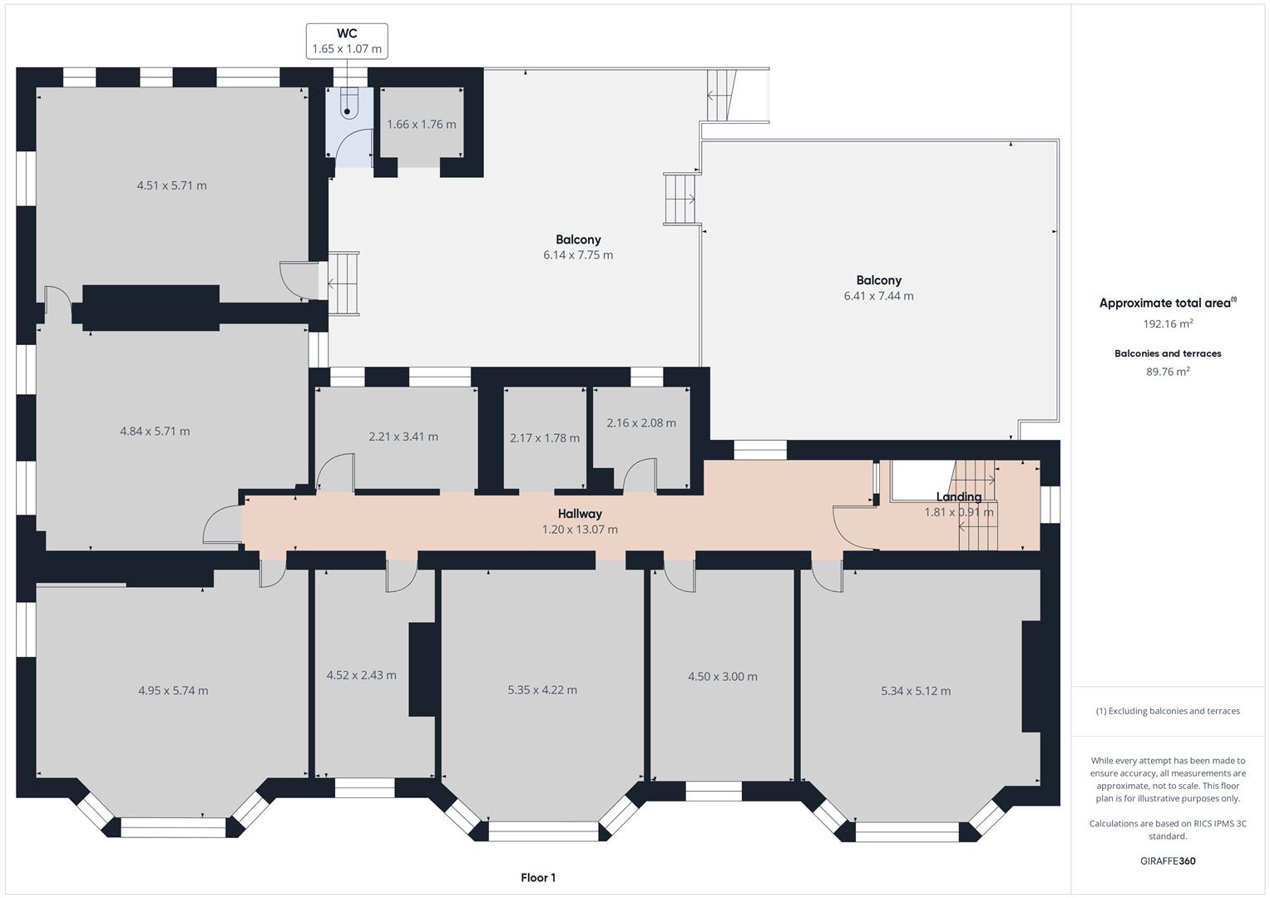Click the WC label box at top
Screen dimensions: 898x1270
coord(347,41)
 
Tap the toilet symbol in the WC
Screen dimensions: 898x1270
coord(348,104)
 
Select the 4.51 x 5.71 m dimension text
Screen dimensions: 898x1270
coord(171,185)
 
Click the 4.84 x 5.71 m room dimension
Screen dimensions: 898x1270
coord(155,431)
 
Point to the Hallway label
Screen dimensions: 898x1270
coord(580,514)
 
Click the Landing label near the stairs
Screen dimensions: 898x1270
coord(959,497)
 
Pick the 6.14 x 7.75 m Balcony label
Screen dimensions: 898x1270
coord(578,247)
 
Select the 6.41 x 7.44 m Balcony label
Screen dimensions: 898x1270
coord(878,288)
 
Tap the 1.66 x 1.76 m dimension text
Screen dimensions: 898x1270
coord(422,125)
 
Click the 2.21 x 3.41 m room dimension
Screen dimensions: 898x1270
coord(403,437)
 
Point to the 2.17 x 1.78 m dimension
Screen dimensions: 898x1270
coord(545,437)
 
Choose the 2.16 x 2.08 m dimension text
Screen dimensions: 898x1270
coord(641,422)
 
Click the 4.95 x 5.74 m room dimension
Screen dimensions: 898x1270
coord(173,690)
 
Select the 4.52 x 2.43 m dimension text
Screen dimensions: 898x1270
coord(361,675)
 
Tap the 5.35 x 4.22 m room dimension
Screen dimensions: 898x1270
coord(542,689)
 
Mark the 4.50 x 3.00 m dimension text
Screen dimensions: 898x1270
coord(722,676)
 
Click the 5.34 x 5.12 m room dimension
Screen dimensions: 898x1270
coord(916,690)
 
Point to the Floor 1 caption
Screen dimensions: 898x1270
coord(538,877)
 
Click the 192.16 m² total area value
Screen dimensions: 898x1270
coord(1168,324)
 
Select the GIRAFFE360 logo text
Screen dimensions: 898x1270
coord(1168,861)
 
